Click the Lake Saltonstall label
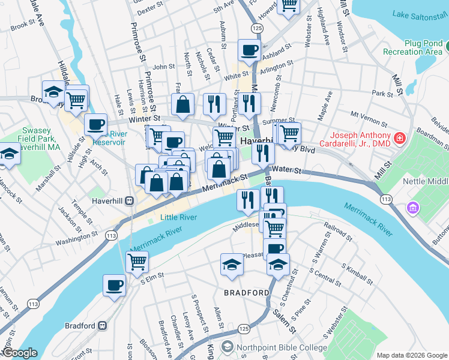420,14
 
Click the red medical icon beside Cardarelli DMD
400,139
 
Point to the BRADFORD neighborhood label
247,293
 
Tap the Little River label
178,217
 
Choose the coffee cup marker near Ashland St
249,50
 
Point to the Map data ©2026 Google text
411,355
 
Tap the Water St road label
289,171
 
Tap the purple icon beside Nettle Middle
412,208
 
